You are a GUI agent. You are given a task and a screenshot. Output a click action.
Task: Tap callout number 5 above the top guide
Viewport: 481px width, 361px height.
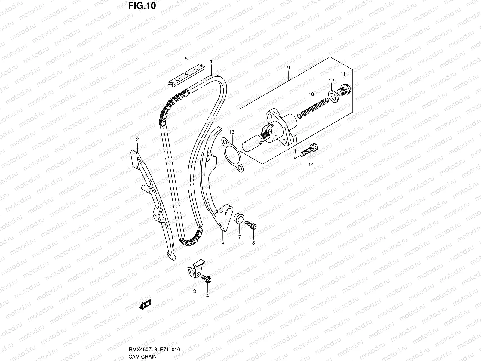(x=186, y=59)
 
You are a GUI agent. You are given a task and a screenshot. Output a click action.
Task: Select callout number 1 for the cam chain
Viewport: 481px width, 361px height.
(x=211, y=62)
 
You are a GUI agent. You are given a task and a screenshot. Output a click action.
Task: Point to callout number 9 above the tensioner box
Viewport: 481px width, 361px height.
(x=288, y=68)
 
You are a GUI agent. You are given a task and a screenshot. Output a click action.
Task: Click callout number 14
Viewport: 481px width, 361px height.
(x=311, y=165)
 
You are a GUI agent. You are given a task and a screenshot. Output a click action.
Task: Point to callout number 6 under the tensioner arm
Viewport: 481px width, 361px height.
(x=223, y=244)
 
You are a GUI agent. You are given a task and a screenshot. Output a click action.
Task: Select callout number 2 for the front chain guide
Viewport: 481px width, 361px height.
(x=137, y=140)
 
